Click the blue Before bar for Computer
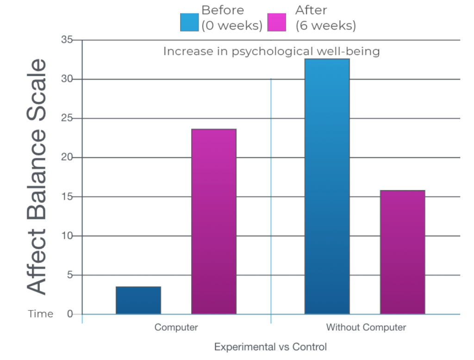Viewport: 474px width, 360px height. [x=138, y=300]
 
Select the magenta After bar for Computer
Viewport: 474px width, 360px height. [x=214, y=222]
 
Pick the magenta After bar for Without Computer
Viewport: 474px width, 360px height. [x=402, y=252]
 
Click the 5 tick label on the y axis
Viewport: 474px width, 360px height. [x=70, y=275]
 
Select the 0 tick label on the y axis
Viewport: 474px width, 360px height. [x=70, y=314]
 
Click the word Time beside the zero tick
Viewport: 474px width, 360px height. [x=41, y=314]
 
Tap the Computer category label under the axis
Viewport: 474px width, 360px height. [x=176, y=328]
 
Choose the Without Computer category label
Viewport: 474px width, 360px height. [x=366, y=328]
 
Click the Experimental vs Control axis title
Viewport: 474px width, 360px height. [x=270, y=347]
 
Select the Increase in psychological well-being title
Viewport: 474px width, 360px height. [x=271, y=51]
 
